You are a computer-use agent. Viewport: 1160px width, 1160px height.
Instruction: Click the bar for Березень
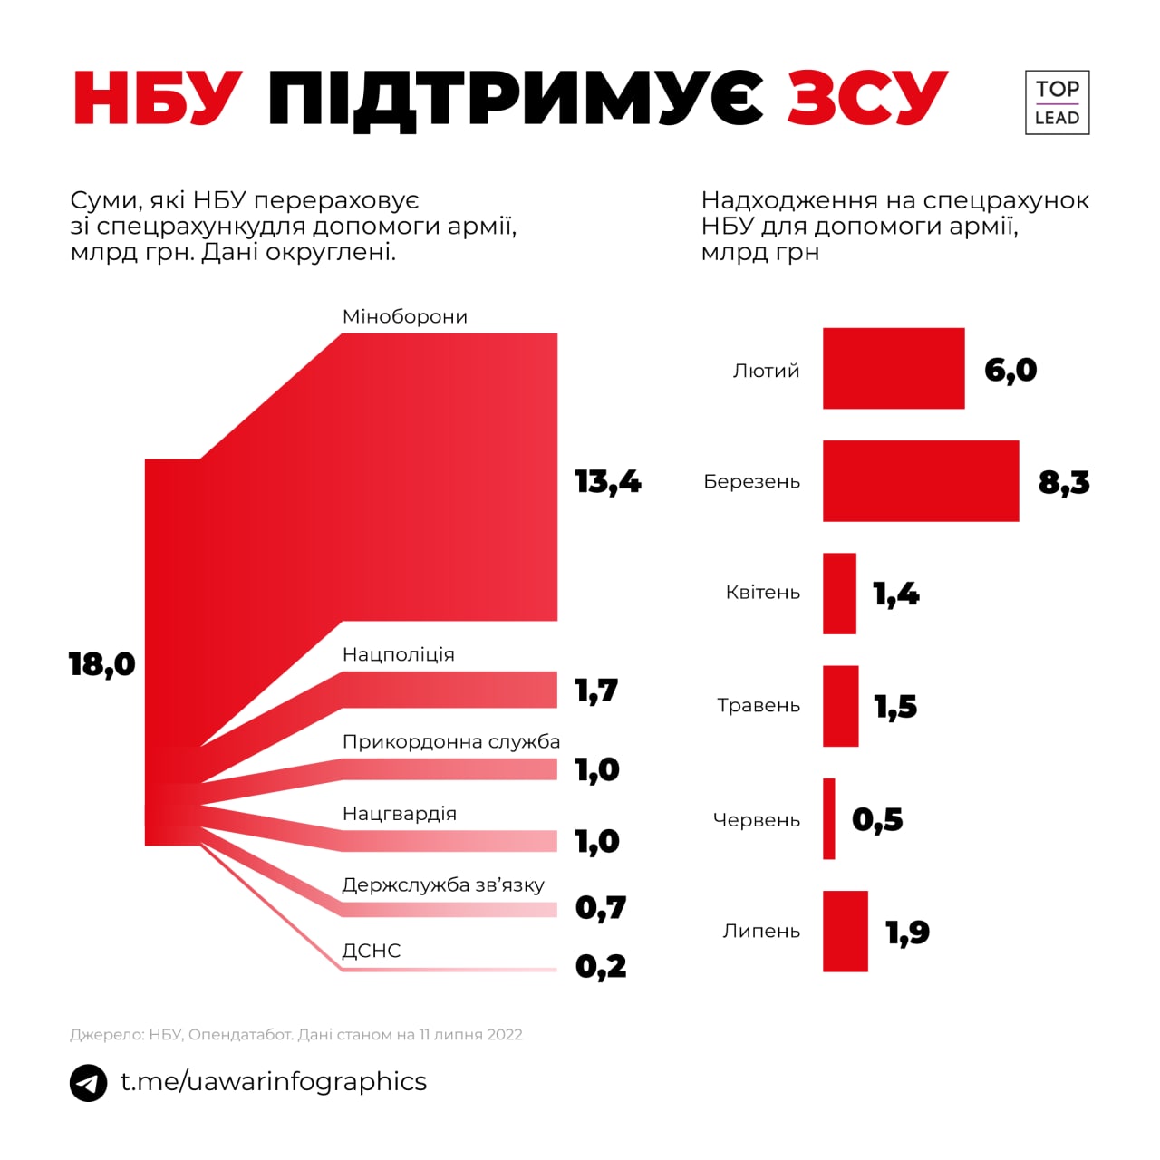pos(920,481)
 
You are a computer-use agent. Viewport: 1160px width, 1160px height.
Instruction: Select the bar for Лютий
pos(893,369)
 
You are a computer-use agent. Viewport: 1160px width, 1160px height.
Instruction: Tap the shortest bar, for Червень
pos(829,819)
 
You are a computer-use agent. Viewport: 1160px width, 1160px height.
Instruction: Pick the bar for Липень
pos(845,932)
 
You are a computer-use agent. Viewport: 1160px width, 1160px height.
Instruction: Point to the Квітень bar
pos(839,594)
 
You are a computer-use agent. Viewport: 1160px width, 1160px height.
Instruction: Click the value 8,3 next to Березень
pos(1064,482)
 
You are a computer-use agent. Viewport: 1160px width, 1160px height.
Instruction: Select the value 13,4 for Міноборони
pos(608,481)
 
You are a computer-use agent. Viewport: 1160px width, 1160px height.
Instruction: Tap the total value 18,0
pos(101,664)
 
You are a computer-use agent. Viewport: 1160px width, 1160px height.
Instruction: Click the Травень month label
pos(759,706)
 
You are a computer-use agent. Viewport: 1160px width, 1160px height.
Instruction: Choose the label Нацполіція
pos(399,654)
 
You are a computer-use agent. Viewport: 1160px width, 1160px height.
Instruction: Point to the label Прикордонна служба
pos(451,741)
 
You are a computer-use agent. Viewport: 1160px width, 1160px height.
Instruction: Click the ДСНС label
pos(372,951)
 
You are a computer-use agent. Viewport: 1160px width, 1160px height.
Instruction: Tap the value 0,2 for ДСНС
pos(601,966)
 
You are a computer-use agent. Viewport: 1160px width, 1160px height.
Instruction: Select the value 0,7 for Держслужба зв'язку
pos(601,907)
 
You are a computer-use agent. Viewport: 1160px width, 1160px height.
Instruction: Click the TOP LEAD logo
pos(1057,102)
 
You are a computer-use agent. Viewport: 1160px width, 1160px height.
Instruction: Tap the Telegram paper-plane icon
pos(89,1083)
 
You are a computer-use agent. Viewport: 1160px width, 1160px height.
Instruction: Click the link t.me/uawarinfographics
pos(274,1081)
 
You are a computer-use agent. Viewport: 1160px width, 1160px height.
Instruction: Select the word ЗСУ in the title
pos(867,97)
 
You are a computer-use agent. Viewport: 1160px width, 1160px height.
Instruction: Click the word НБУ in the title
pos(158,97)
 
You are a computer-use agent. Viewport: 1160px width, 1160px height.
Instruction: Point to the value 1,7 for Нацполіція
pos(596,691)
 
